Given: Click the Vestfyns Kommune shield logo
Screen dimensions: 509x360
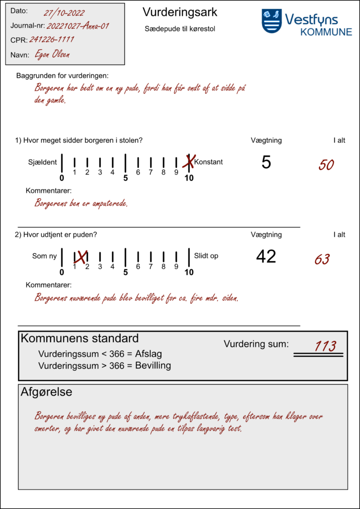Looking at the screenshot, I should pos(271,21).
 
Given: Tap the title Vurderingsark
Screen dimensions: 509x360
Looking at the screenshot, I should pos(180,12).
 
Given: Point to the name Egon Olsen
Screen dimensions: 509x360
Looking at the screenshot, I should pos(52,55).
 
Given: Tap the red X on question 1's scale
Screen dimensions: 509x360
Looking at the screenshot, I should pos(189,161).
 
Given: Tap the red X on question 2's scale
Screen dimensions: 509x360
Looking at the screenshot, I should pos(81,256).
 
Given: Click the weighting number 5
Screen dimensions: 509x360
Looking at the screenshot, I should pos(266,162).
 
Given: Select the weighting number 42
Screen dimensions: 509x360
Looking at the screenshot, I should pos(266,256).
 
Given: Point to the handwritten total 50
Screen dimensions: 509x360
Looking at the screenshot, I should pos(326,165).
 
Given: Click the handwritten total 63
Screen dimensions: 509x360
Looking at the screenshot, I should pos(322,259).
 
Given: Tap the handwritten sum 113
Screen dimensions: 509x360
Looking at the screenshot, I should pos(325,346).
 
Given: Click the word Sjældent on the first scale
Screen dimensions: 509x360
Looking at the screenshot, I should pos(42,162).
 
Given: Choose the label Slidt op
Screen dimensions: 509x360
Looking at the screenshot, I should pos(206,256).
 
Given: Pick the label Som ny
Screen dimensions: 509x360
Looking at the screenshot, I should pos(44,256).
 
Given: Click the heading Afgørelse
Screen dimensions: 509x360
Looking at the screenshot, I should pos(46,392).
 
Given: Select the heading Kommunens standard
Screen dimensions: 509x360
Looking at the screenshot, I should pos(80,339).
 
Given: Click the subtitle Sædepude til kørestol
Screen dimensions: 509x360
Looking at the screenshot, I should pos(180,29).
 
